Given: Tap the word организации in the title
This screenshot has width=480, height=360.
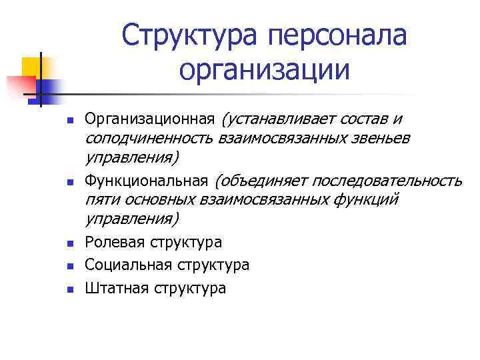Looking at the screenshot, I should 264,69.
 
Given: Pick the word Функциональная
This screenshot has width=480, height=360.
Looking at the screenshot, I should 147,181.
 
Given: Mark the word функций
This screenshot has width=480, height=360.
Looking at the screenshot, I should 363,199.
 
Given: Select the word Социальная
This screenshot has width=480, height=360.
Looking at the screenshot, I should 129,265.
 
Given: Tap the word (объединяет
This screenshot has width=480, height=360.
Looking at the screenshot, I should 261,181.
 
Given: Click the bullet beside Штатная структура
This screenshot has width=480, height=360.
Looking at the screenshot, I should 69,289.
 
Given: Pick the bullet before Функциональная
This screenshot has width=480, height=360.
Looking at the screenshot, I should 69,182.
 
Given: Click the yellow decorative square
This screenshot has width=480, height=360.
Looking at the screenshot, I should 31,67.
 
